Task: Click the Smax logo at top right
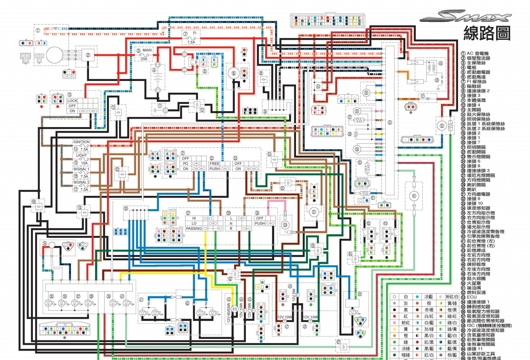(466, 16)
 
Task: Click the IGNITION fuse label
(81, 142)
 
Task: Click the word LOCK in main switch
(72, 101)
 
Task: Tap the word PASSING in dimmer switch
(194, 228)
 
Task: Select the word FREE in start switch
(214, 163)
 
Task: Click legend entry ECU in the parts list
(471, 297)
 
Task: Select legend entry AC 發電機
(477, 53)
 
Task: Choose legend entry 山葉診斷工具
(480, 354)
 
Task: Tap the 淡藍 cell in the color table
(429, 297)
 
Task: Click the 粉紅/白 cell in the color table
(452, 297)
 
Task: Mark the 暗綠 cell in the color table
(406, 355)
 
